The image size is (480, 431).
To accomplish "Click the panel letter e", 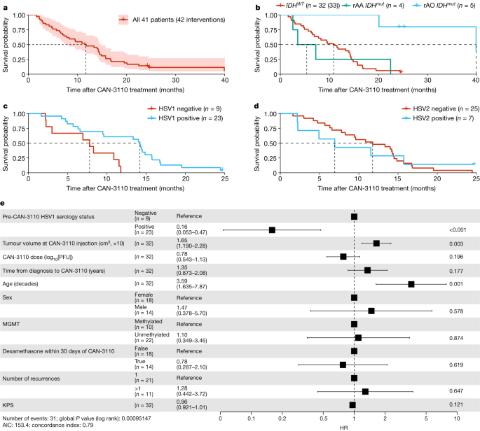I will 4,205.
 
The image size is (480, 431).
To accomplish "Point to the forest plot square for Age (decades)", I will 411,284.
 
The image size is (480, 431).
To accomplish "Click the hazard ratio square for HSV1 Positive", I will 272,229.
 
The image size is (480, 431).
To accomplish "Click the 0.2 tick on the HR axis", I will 282,419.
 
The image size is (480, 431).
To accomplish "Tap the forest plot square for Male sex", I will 371,311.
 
